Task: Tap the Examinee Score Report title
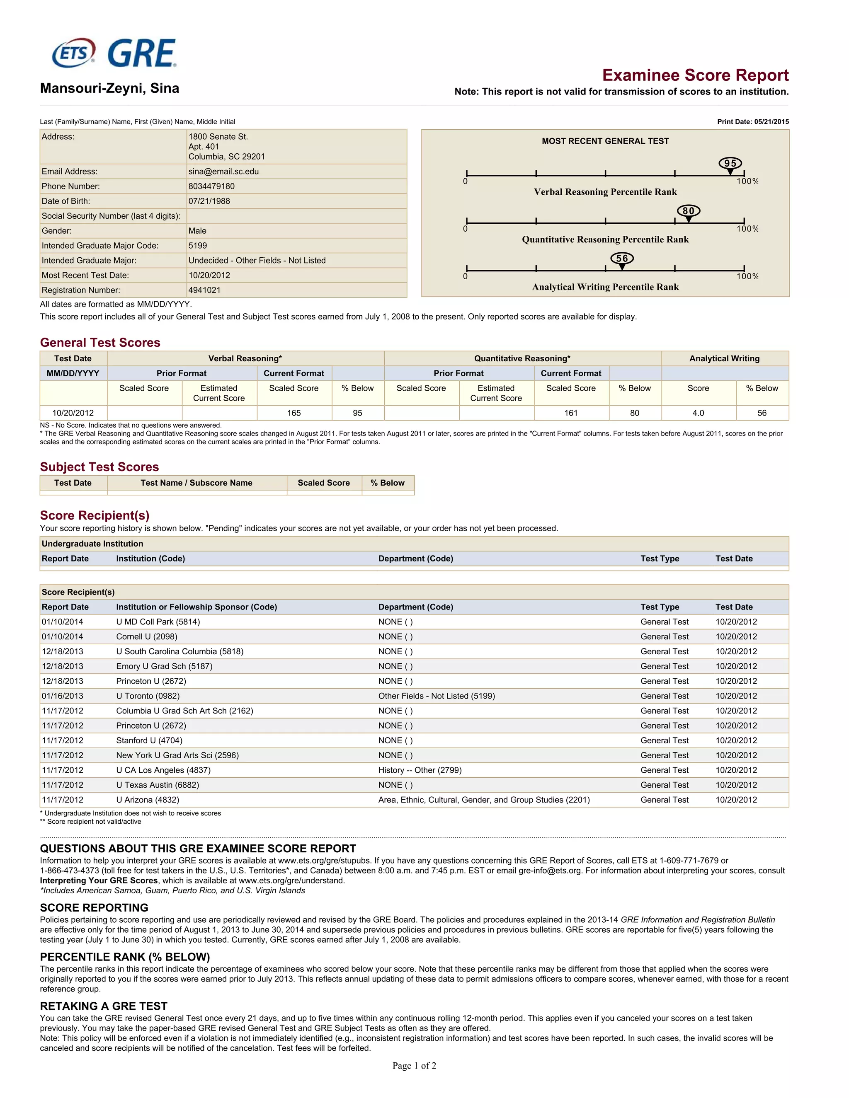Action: tap(695, 75)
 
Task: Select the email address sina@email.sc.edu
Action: tap(223, 172)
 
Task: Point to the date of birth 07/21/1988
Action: tap(209, 201)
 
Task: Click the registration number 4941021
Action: tap(204, 290)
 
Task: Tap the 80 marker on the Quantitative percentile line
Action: tap(689, 212)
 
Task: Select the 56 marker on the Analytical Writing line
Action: tap(622, 259)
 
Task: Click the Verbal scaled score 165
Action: tap(294, 413)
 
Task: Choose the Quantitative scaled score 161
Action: tap(571, 413)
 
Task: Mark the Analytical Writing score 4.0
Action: tap(698, 413)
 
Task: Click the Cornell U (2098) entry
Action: tap(146, 636)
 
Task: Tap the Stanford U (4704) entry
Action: tap(149, 740)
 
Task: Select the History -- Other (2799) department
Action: tap(420, 770)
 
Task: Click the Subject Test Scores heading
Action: tap(99, 467)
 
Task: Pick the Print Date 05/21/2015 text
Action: tap(752, 122)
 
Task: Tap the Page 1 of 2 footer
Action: tap(414, 1065)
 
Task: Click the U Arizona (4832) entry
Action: tap(147, 800)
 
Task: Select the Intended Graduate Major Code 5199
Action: tap(198, 245)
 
